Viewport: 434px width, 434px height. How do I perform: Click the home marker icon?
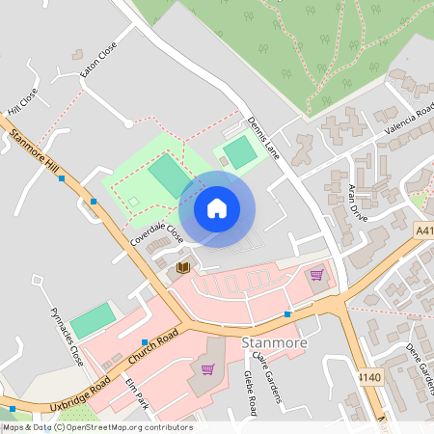[217, 208]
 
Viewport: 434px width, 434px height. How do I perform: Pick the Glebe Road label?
[250, 391]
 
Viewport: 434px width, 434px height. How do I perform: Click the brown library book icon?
[183, 266]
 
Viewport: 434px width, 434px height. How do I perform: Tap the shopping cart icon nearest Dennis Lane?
[316, 275]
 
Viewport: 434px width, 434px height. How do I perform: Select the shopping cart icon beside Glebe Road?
[206, 368]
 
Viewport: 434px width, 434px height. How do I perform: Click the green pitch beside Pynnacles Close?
[93, 320]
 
